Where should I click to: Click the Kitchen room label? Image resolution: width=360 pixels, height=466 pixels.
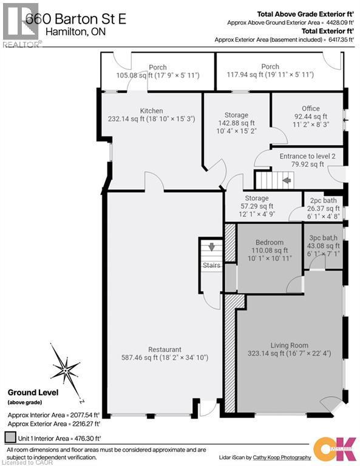pyautogui.click(x=151, y=111)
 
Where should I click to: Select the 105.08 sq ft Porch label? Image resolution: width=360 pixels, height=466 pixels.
pyautogui.click(x=157, y=67)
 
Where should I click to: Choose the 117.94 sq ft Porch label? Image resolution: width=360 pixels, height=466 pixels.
pyautogui.click(x=270, y=67)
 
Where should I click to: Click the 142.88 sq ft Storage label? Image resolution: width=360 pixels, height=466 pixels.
pyautogui.click(x=236, y=115)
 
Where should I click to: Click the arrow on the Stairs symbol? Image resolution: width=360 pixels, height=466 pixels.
pyautogui.click(x=211, y=247)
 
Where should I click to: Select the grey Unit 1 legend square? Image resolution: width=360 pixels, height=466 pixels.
pyautogui.click(x=9, y=436)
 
